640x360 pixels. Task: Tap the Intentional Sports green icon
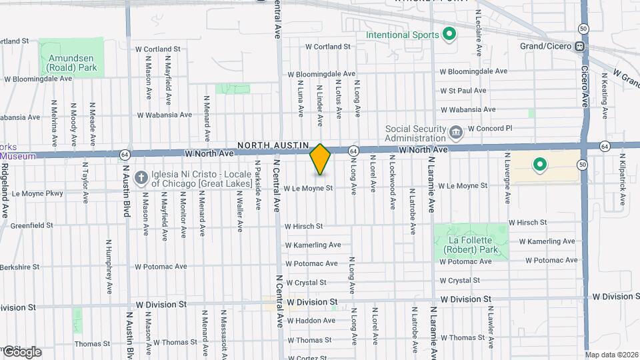[449, 34]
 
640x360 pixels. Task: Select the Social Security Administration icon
[456, 132]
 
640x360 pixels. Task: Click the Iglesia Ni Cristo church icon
[141, 177]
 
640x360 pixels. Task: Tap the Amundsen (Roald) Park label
[72, 62]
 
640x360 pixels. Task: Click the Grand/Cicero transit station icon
[580, 47]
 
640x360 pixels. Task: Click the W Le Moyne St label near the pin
[308, 189]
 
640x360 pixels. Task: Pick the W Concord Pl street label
[489, 128]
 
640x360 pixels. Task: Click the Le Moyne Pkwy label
[37, 194]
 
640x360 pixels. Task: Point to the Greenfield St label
[31, 225]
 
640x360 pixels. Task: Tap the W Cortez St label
[309, 357]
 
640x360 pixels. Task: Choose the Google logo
[22, 351]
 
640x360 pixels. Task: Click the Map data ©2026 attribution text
[611, 355]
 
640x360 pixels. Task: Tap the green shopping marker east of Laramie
[539, 164]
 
